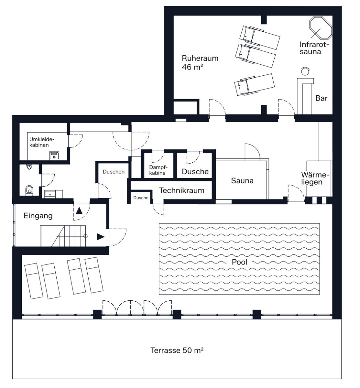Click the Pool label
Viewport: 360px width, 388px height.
click(x=239, y=262)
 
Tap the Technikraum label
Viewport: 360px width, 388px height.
click(x=181, y=190)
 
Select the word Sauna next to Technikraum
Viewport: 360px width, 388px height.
click(x=242, y=181)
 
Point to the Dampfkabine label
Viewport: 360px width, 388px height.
click(x=158, y=170)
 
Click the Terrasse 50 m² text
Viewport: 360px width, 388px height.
click(x=177, y=350)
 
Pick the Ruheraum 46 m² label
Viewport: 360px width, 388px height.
click(x=200, y=62)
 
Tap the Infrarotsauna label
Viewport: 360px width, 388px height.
click(x=314, y=48)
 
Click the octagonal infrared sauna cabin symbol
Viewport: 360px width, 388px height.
click(x=321, y=28)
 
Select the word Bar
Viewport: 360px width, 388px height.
click(x=321, y=98)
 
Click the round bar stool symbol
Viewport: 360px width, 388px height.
click(x=305, y=71)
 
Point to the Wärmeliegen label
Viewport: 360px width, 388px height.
click(x=315, y=178)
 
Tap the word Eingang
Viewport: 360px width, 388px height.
click(x=38, y=216)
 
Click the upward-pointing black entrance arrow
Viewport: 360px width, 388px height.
click(x=79, y=210)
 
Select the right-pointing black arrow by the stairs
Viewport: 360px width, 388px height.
click(x=101, y=237)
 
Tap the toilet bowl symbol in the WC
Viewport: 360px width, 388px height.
click(x=29, y=190)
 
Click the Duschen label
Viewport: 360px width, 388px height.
click(x=114, y=172)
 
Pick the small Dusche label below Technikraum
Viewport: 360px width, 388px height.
click(x=141, y=198)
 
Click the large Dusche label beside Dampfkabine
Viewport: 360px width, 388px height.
click(x=195, y=172)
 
